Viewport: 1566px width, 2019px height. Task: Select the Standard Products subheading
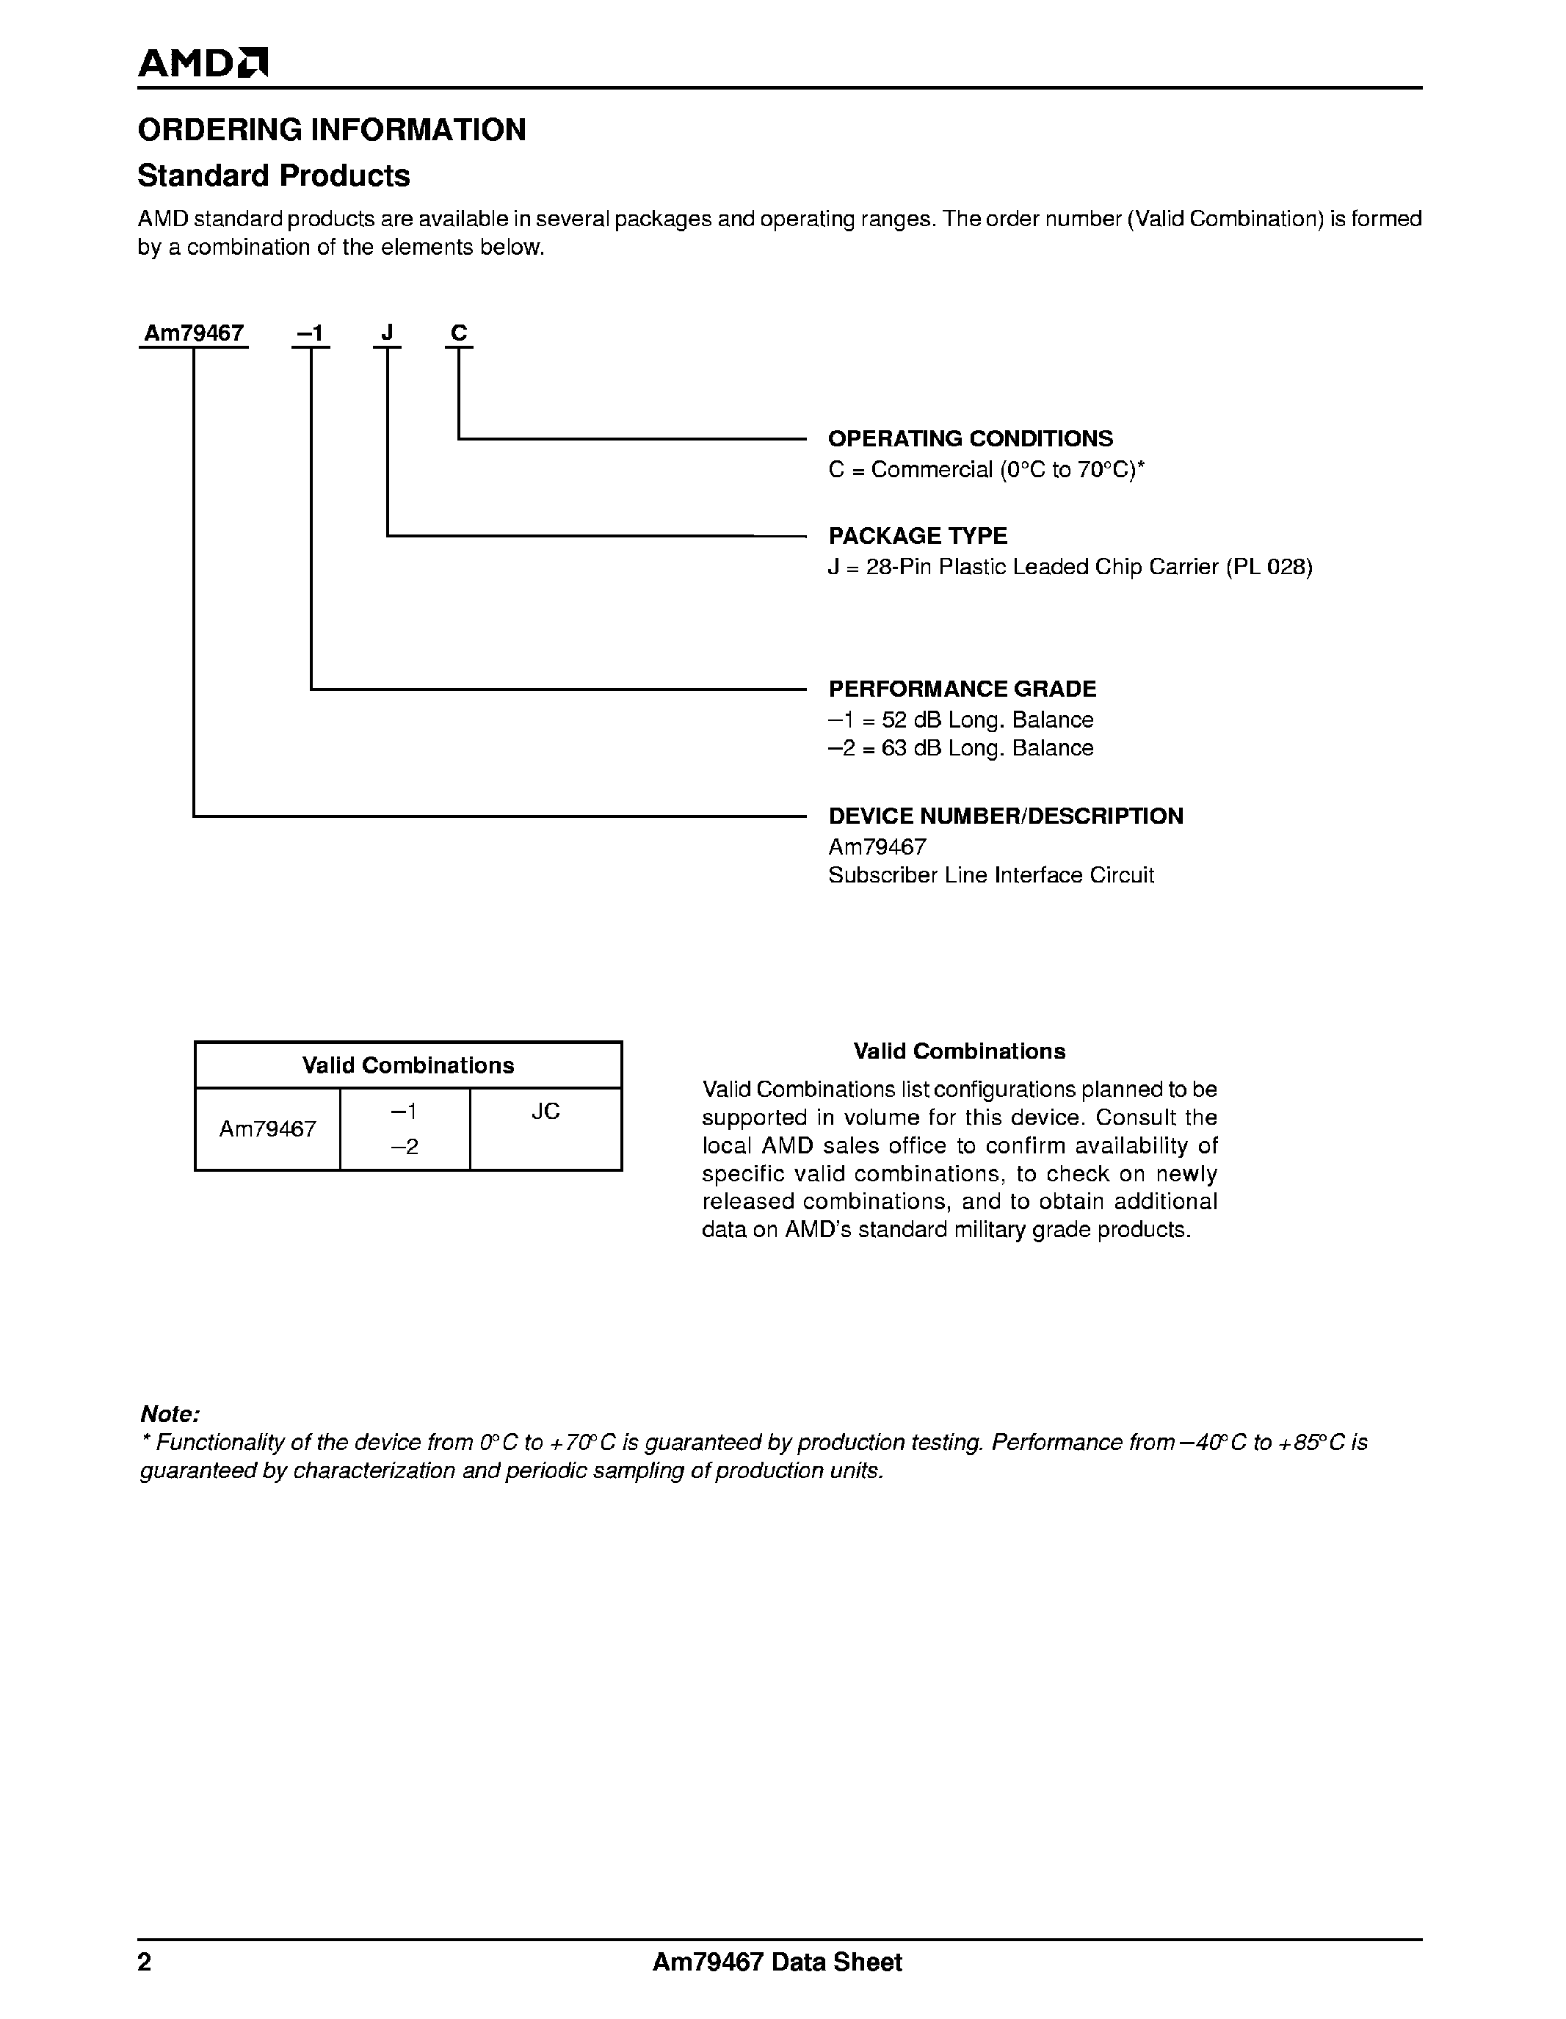(x=274, y=175)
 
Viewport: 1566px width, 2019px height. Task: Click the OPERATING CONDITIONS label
(x=970, y=439)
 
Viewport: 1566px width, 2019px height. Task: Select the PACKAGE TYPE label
(x=917, y=536)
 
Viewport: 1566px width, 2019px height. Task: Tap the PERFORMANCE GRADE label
(x=962, y=689)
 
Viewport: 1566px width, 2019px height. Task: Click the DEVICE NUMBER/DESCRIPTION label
(x=1005, y=816)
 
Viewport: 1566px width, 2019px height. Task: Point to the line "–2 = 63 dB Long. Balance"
(x=960, y=748)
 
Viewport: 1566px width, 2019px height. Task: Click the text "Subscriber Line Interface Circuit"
(x=990, y=875)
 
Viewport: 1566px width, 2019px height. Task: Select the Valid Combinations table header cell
(x=407, y=1066)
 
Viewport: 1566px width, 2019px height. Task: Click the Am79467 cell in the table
(x=268, y=1128)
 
